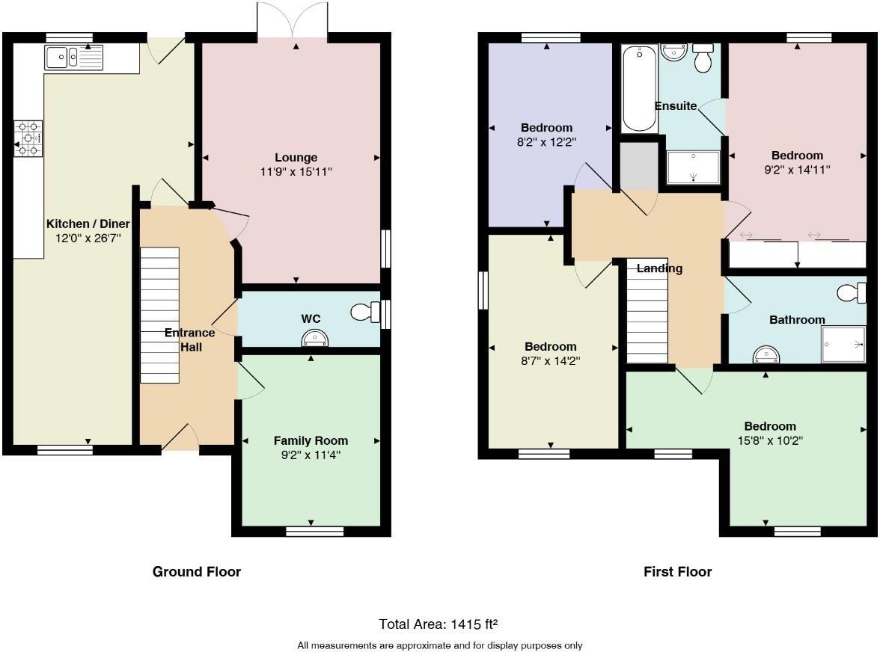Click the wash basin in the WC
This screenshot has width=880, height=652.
(315, 340)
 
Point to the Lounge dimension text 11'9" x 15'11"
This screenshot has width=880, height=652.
(296, 171)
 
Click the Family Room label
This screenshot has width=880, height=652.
(311, 440)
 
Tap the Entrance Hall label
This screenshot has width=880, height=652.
(190, 339)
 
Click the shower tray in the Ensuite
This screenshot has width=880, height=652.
(692, 167)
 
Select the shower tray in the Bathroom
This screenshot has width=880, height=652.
(843, 345)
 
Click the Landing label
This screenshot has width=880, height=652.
(659, 268)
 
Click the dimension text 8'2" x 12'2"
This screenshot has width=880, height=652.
(547, 141)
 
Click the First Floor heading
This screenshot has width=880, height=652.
(677, 571)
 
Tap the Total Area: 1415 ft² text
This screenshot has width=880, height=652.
(439, 624)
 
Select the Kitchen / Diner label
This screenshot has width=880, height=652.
(88, 224)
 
